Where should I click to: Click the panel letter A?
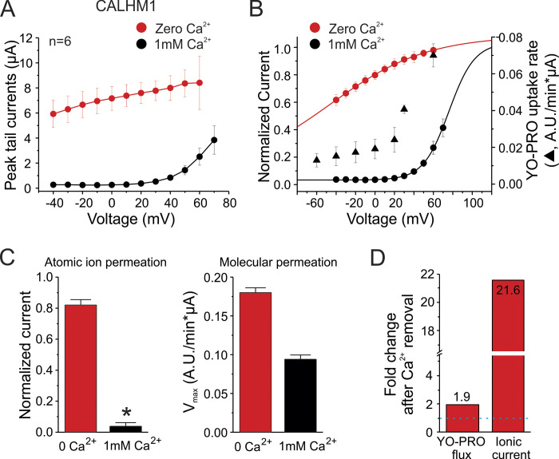10,11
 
